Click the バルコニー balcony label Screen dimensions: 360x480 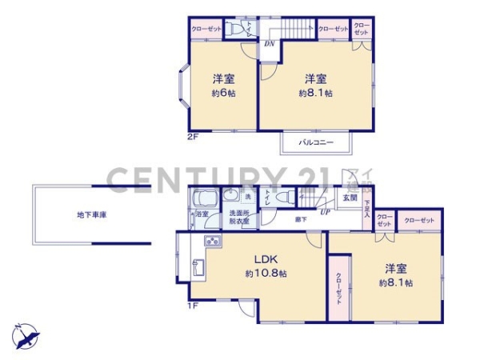click(316, 142)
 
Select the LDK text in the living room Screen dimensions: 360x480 click(266, 259)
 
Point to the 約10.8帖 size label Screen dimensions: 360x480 click(266, 274)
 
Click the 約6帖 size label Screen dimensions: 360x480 click(223, 94)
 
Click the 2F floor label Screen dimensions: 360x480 click(192, 136)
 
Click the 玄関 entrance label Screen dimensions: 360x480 click(350, 198)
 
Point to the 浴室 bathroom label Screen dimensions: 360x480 click(201, 214)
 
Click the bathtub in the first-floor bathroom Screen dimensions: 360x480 click(206, 198)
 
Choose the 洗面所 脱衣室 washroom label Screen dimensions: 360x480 click(239, 217)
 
